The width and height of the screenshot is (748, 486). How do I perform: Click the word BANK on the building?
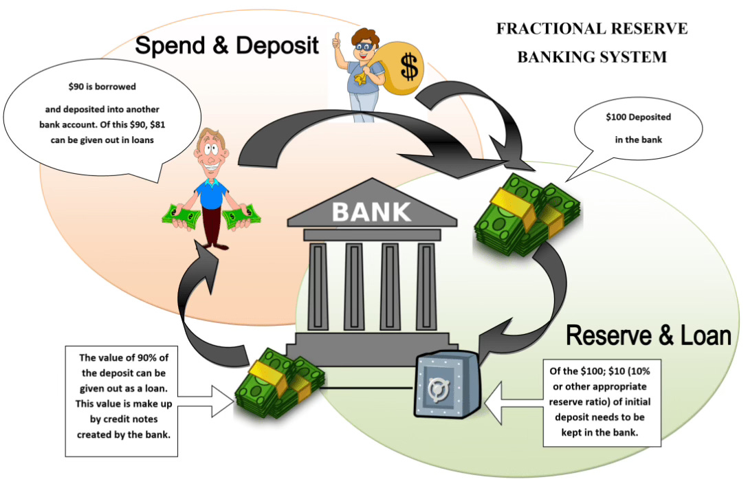click(372, 211)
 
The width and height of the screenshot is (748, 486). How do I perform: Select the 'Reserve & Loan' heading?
click(648, 335)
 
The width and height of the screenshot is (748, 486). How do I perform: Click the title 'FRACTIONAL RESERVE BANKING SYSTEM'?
click(591, 43)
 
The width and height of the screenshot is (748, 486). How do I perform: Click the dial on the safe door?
click(437, 391)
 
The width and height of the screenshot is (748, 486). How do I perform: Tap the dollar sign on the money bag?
click(409, 67)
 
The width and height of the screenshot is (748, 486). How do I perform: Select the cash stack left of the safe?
click(278, 386)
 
